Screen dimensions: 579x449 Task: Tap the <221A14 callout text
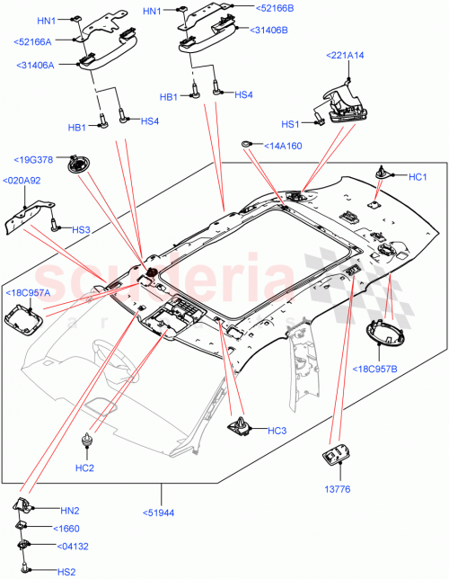click(344, 56)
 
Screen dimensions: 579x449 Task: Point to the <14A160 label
click(280, 145)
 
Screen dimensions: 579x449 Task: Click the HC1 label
click(418, 177)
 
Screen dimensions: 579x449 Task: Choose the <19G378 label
click(33, 160)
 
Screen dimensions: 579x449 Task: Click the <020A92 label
click(22, 181)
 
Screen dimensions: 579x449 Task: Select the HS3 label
click(81, 229)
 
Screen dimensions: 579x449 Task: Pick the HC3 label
click(277, 431)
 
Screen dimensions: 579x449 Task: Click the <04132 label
click(74, 546)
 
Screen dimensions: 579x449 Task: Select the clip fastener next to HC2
click(87, 440)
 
